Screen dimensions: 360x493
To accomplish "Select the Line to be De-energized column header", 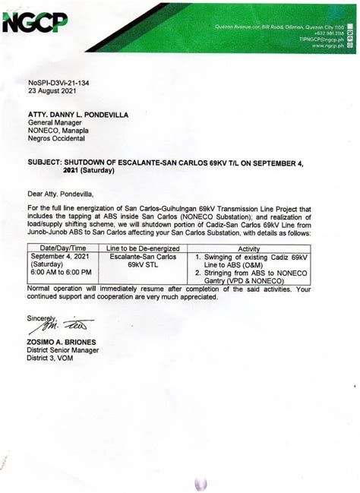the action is click(143, 248).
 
